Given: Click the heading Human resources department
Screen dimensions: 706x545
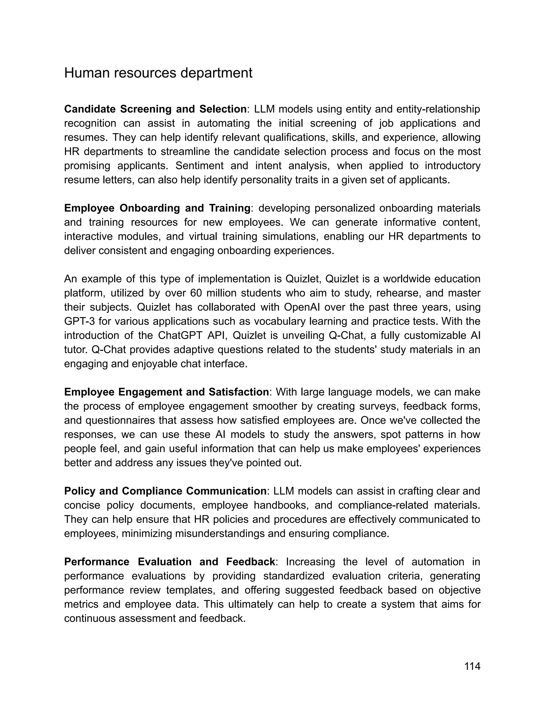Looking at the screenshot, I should (x=158, y=73).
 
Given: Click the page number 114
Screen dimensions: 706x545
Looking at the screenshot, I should (x=472, y=666).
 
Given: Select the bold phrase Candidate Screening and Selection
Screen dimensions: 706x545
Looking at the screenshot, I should (x=155, y=109).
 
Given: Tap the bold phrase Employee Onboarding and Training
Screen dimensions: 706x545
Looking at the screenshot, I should (x=157, y=208).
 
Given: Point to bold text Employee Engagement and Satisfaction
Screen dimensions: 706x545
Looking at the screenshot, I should (x=166, y=392).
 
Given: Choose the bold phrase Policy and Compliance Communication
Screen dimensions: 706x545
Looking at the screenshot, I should (x=165, y=491).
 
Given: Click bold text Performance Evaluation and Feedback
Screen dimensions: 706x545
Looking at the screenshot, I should (x=170, y=562).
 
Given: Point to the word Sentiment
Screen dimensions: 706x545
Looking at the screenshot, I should (x=199, y=166).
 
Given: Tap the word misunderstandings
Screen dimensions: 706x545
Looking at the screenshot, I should (x=220, y=533).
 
